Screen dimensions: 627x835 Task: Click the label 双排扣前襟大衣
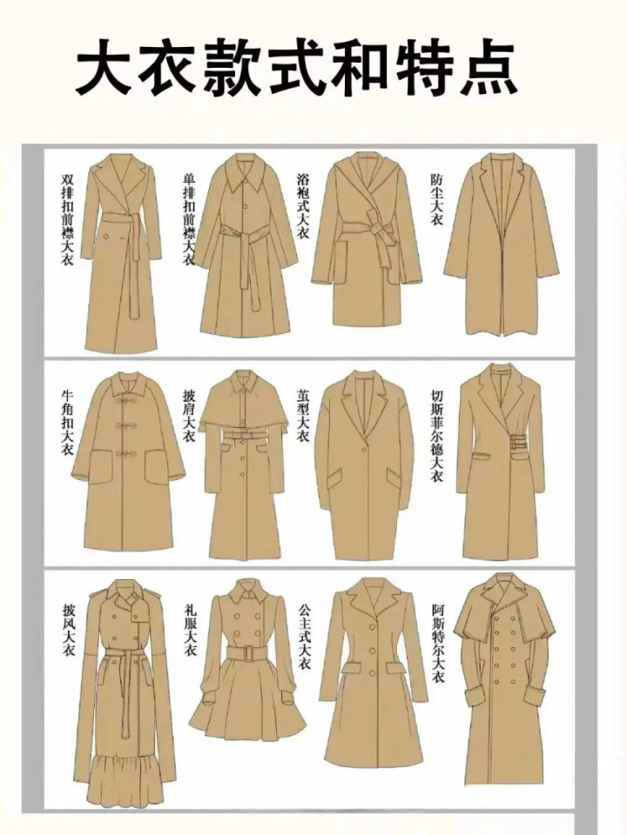tap(67, 219)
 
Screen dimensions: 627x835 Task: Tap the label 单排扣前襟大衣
tap(189, 219)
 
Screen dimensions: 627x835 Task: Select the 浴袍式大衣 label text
tap(303, 205)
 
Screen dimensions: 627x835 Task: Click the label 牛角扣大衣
tap(67, 423)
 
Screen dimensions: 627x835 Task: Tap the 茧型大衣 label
tap(303, 416)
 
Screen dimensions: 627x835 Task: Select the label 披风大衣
tap(69, 629)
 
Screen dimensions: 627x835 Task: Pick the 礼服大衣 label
tap(191, 629)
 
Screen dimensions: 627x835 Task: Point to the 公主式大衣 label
tap(304, 636)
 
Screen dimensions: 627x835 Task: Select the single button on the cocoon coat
tap(365, 449)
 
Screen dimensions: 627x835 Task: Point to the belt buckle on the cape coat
tap(243, 435)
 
